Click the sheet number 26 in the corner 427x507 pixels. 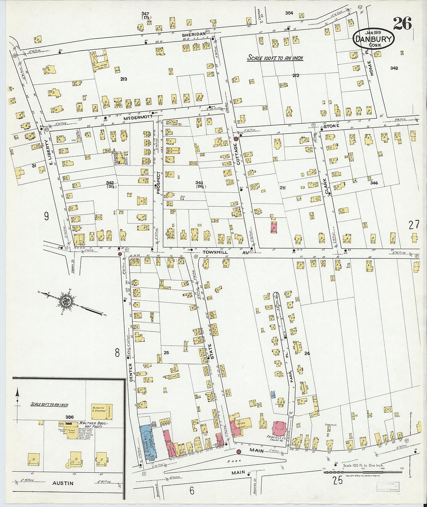(402, 24)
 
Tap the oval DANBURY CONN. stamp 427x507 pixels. (374, 39)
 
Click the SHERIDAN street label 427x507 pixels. (193, 35)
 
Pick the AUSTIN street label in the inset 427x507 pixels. (62, 483)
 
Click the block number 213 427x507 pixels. (123, 79)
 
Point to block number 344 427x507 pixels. (374, 183)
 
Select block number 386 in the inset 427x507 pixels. (69, 417)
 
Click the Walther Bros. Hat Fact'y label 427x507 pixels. (90, 425)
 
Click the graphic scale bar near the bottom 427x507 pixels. (363, 472)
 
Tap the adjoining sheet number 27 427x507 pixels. (414, 225)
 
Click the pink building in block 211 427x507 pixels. (274, 227)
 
